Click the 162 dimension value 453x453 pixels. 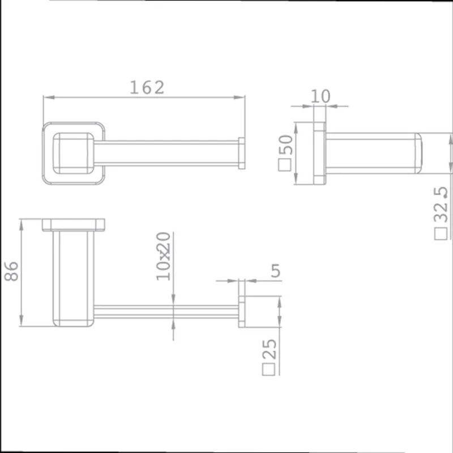point(147,87)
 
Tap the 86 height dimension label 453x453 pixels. point(11,271)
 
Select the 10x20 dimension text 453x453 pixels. point(163,256)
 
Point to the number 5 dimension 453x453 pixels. point(276,271)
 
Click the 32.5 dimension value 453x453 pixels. point(441,205)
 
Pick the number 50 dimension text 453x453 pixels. point(285,145)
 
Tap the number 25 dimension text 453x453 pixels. point(269,349)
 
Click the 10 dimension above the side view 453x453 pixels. point(320,96)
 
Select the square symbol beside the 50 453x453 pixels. point(285,165)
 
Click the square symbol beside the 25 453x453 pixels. point(268,369)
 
